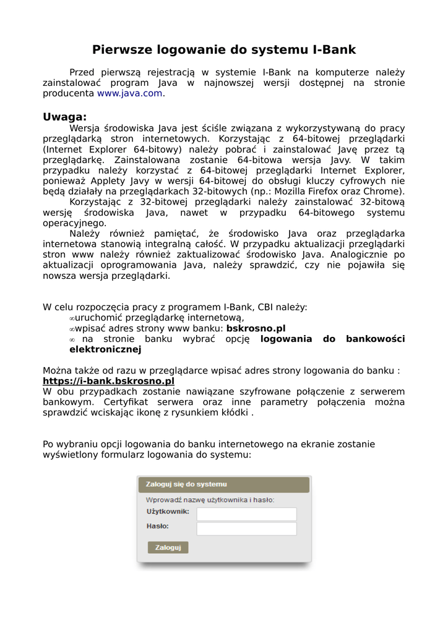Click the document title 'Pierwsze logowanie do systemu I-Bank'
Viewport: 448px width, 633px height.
coord(224,49)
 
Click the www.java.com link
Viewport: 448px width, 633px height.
coord(130,93)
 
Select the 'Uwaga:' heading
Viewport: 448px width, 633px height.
coord(64,117)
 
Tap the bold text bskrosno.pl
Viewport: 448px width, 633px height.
coord(256,328)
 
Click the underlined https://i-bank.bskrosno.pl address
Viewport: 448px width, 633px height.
coord(108,381)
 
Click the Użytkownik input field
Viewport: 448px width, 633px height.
coord(246,514)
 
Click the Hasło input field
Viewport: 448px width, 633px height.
coord(246,529)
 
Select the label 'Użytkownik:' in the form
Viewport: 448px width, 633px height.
coord(168,512)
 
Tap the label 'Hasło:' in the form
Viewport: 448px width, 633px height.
coord(158,526)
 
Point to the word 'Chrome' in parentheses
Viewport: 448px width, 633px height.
coord(384,191)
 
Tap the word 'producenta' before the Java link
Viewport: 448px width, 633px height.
coord(68,93)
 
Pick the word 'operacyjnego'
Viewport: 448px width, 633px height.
coord(74,223)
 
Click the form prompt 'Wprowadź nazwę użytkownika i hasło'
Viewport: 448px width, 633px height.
coord(210,499)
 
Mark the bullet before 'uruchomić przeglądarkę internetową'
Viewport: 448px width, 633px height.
coord(72,318)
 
